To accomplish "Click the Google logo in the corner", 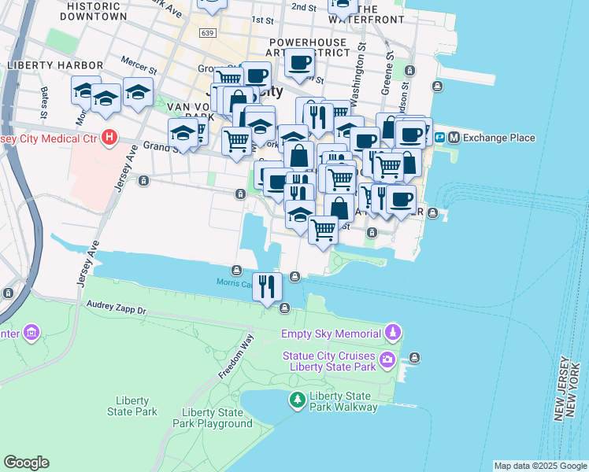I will coord(26,463).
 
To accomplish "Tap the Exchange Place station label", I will coord(498,138).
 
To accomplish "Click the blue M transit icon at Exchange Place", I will coord(454,138).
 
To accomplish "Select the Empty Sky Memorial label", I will coord(330,333).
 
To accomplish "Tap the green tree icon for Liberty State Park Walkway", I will coord(297,400).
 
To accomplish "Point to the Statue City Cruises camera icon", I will coord(387,361).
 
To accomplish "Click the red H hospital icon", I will coord(110,138).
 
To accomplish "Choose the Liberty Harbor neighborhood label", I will coord(54,65).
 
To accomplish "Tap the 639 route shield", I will coord(208,33).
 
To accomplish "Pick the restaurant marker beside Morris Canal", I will coord(268,287).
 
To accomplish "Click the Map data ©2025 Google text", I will coord(540,466).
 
